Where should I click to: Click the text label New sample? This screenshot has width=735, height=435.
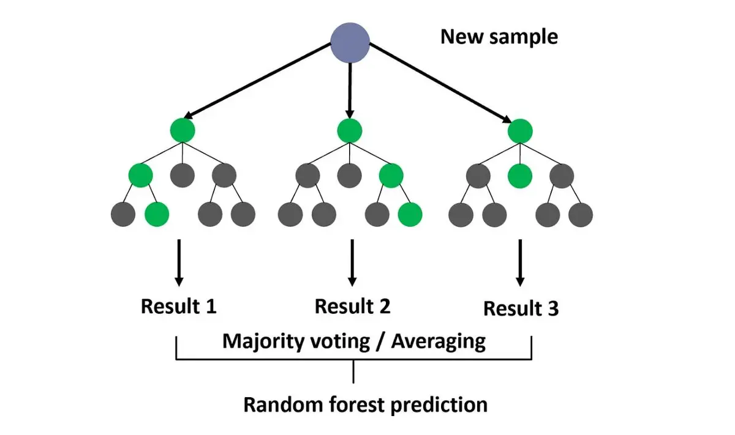click(499, 37)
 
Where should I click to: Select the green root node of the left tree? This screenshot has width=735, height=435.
click(183, 130)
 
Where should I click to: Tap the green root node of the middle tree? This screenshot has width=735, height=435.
click(350, 130)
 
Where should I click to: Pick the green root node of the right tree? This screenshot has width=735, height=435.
click(519, 130)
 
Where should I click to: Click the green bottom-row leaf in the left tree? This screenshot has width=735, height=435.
click(157, 214)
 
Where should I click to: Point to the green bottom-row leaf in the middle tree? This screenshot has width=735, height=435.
click(410, 214)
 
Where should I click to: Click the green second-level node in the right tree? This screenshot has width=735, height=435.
click(519, 176)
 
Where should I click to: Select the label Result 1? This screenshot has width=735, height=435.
click(178, 306)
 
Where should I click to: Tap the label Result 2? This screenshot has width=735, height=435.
click(352, 306)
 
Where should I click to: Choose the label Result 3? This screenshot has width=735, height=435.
click(521, 308)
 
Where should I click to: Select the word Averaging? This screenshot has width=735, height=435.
click(439, 341)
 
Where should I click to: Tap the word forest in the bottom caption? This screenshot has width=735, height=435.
click(355, 404)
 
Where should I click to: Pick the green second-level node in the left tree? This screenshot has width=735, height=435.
click(140, 176)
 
